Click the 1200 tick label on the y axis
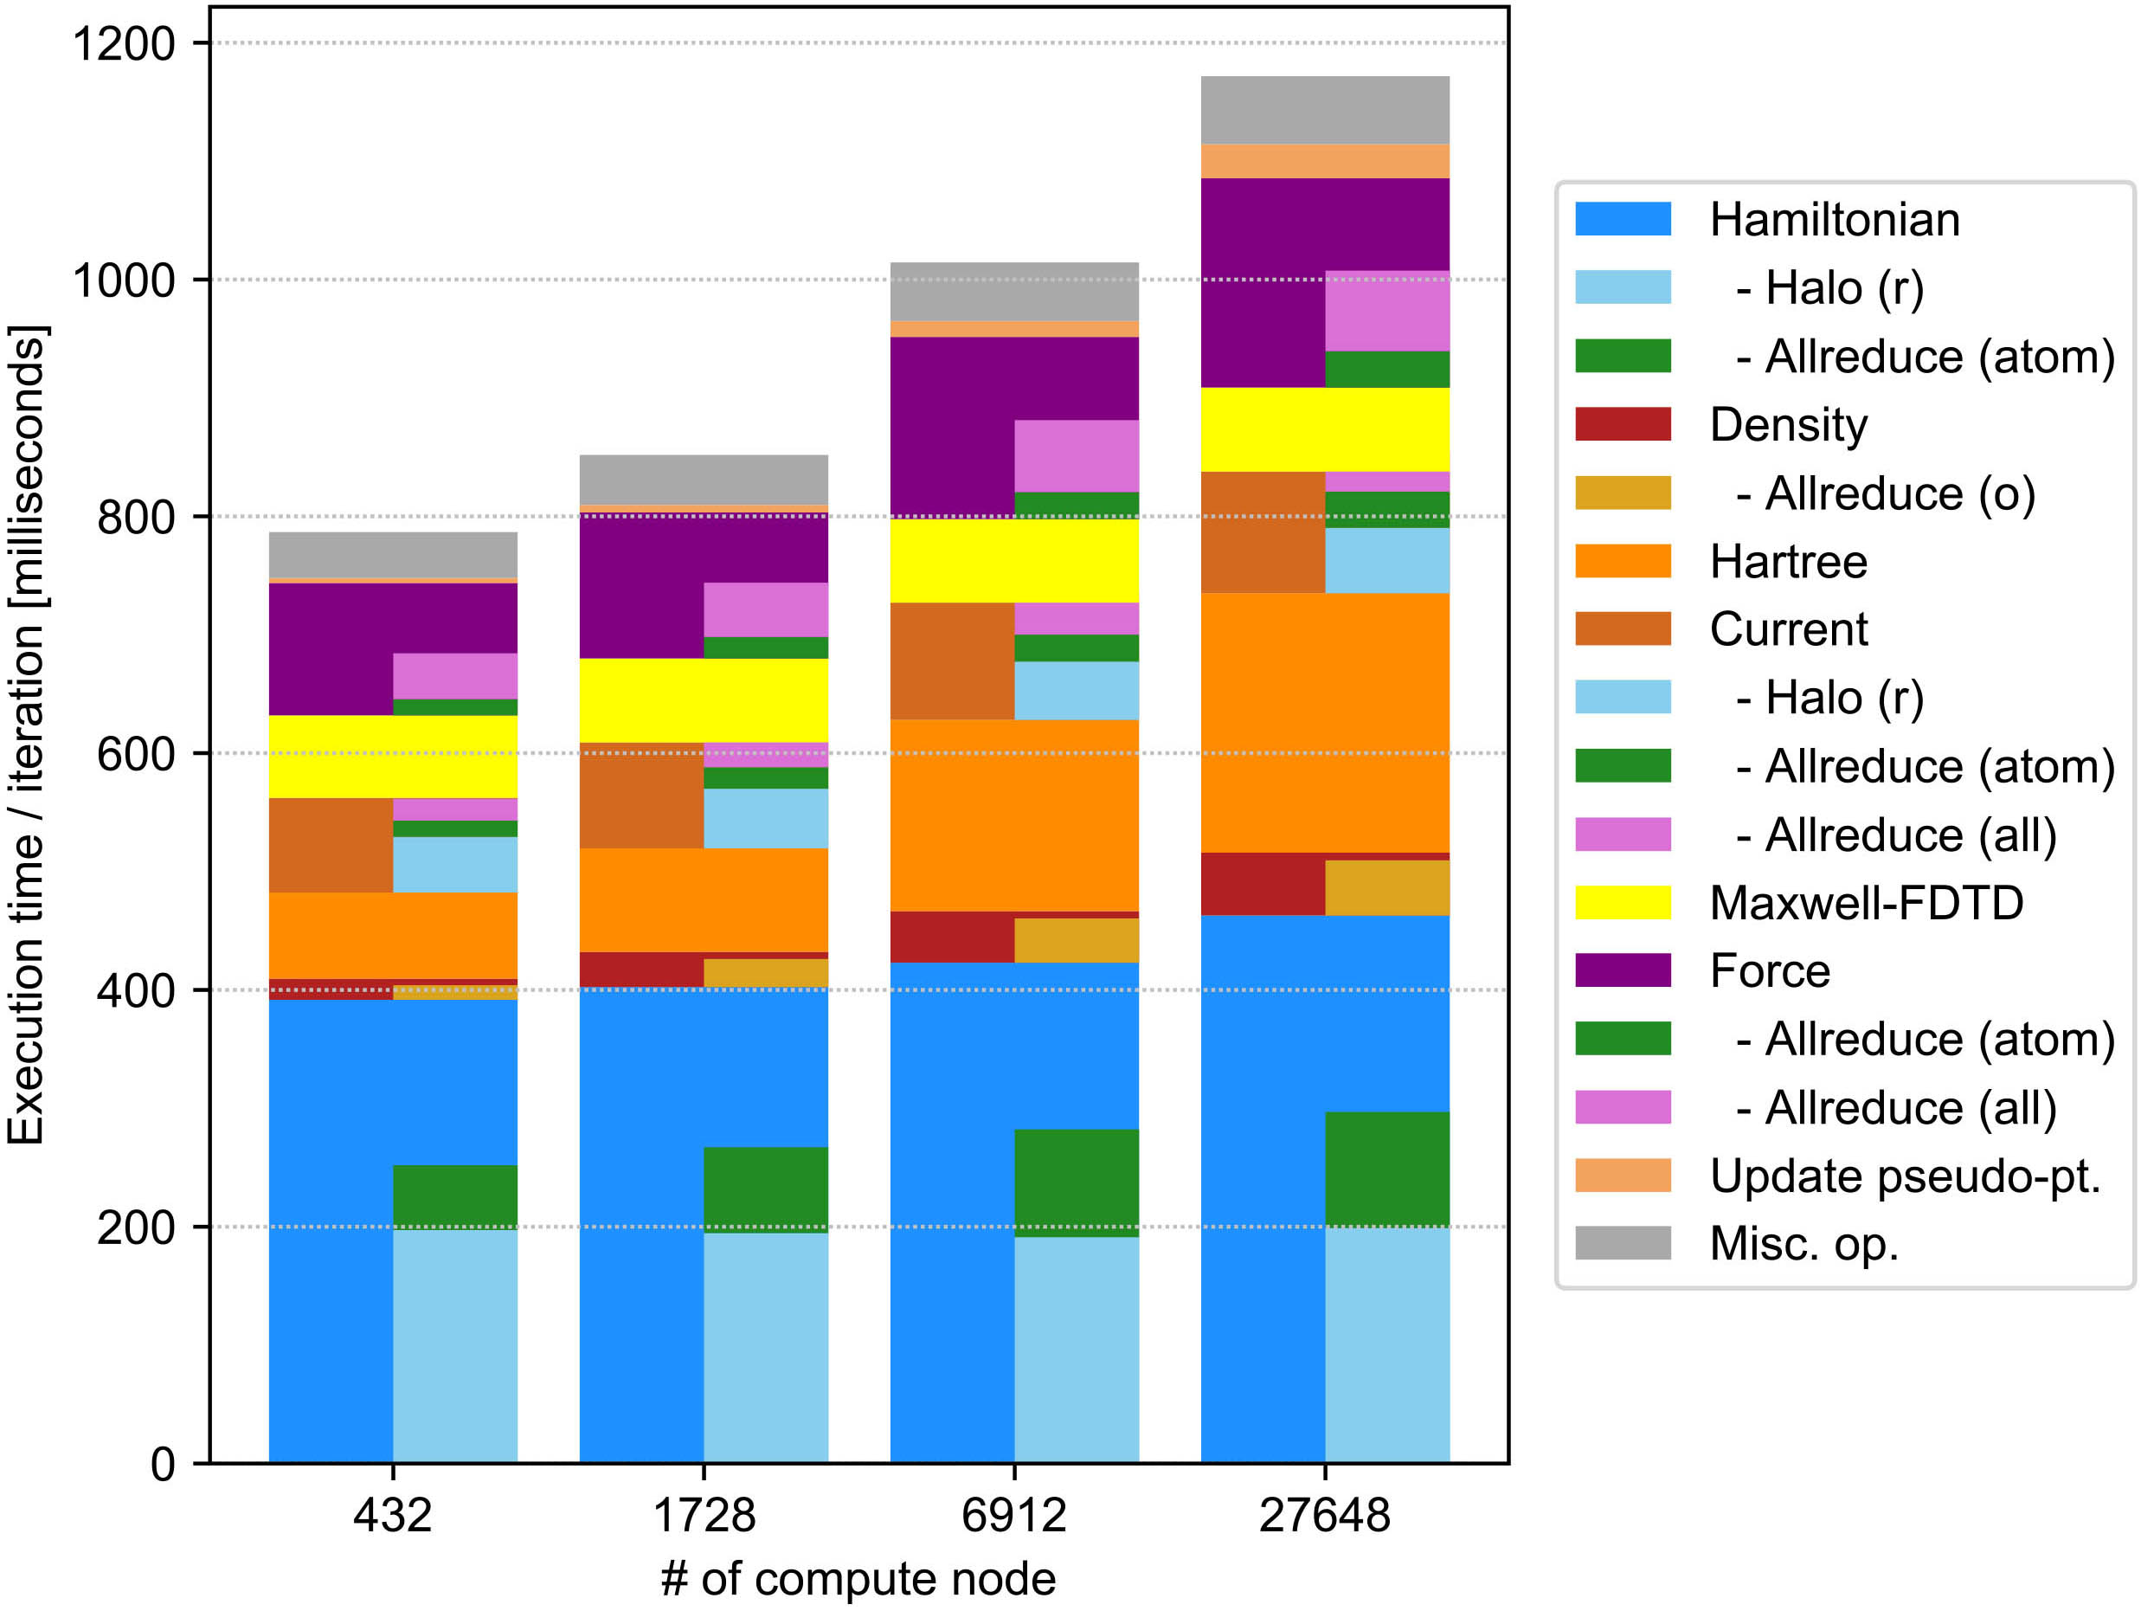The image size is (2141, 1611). click(124, 43)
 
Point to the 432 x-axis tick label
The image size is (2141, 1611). click(392, 1515)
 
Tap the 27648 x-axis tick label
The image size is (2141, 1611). click(1324, 1515)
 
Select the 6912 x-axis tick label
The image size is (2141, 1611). click(1013, 1515)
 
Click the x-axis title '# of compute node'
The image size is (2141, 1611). click(858, 1579)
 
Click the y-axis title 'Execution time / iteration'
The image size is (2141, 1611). click(26, 735)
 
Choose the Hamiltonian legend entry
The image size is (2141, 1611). click(1834, 220)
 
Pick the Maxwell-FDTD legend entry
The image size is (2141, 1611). click(1866, 903)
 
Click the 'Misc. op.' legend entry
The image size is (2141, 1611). click(1804, 1244)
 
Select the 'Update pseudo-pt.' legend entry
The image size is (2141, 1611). click(1905, 1176)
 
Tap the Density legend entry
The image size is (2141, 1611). click(1789, 425)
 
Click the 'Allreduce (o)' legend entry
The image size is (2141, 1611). click(1886, 493)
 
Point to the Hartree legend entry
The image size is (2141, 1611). click(1789, 562)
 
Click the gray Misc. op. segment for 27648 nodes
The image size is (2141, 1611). click(1324, 109)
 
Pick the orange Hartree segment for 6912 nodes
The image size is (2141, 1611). click(1013, 815)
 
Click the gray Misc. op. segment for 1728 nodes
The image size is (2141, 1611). click(703, 480)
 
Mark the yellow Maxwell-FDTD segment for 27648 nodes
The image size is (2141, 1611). click(1324, 430)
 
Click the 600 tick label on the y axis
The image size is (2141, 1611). click(136, 754)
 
